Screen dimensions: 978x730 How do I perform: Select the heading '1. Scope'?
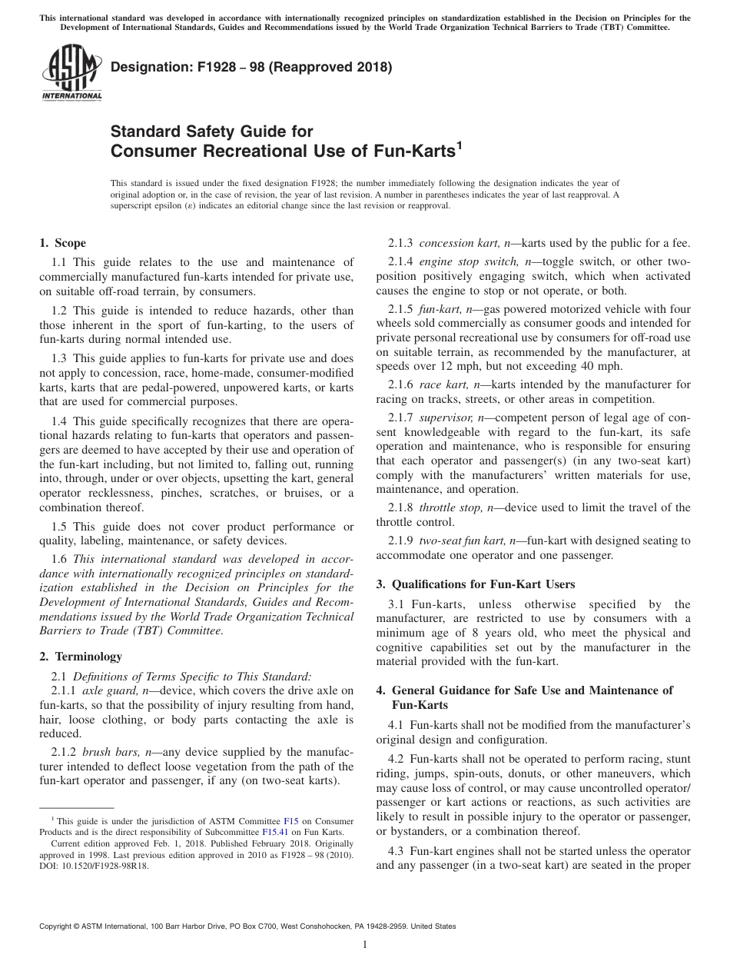[x=62, y=244]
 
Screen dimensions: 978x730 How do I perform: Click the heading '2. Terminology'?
[x=81, y=656]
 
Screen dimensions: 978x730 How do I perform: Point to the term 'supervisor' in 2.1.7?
[x=446, y=417]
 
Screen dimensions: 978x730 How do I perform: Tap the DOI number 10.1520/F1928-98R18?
[x=95, y=865]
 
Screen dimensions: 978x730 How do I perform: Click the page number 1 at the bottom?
[x=365, y=945]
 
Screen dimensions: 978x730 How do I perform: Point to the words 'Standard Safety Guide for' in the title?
[x=212, y=131]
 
